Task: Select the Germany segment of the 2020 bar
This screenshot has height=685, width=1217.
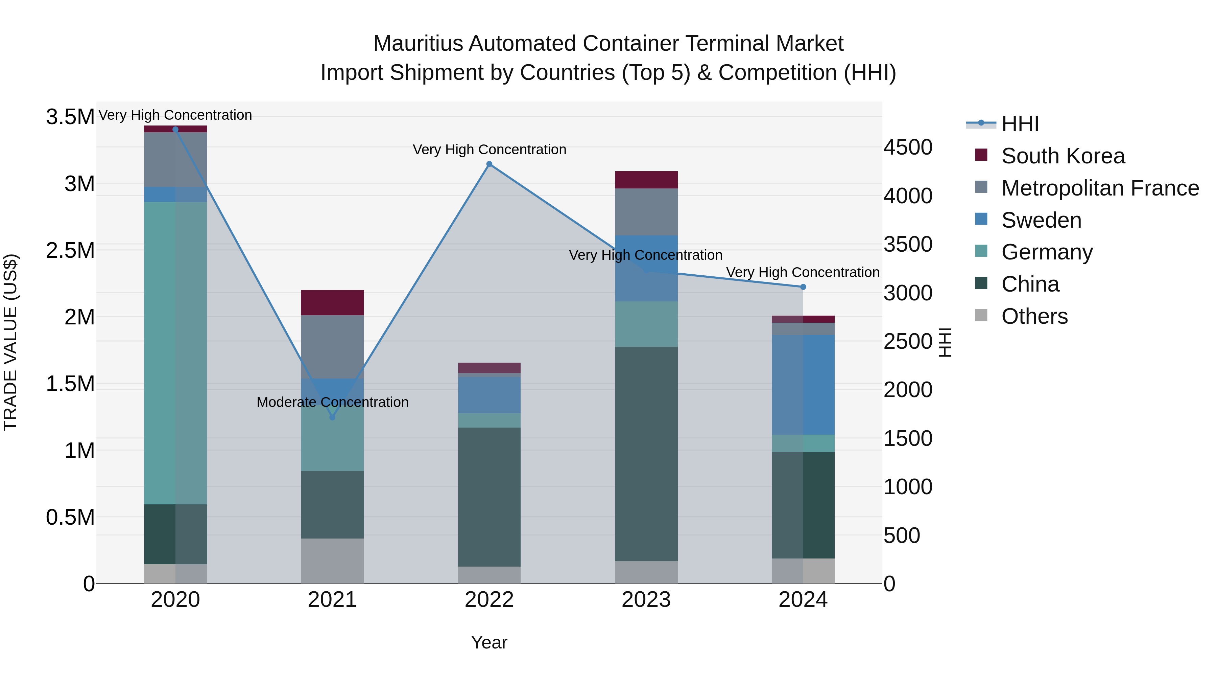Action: click(x=175, y=353)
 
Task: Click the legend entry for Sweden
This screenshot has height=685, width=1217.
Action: click(x=1041, y=220)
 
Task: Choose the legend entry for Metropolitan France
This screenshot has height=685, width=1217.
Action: click(x=1100, y=188)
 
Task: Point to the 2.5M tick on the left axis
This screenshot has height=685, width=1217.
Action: click(x=70, y=251)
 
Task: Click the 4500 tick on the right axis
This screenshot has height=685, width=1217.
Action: click(x=908, y=147)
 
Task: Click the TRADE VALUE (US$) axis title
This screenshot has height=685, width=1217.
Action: click(x=10, y=342)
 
